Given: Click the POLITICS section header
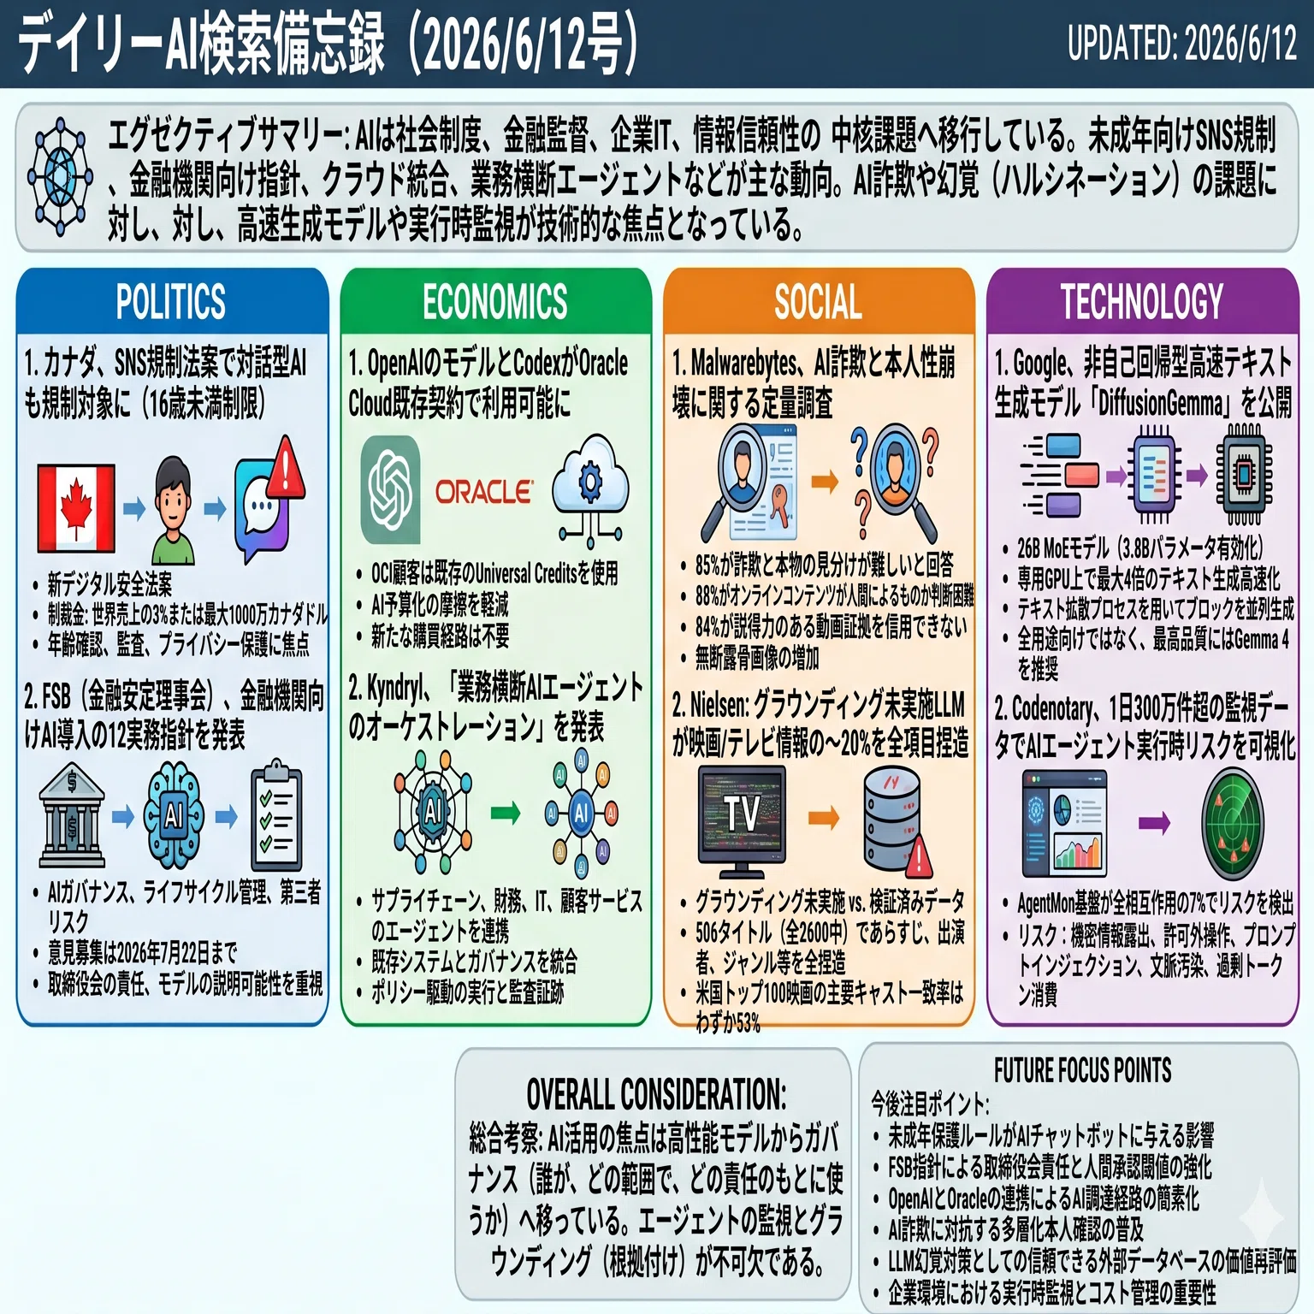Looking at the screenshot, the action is click(x=171, y=301).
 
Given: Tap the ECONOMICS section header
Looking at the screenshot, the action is click(x=495, y=301).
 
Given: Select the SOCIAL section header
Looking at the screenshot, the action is click(x=819, y=301).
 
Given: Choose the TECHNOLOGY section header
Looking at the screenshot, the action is click(x=1142, y=301).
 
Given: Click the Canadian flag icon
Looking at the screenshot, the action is click(x=76, y=509).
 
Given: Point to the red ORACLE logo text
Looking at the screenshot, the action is click(x=483, y=492).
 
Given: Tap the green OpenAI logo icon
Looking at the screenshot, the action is click(x=390, y=489).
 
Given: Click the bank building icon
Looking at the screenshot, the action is click(x=73, y=816).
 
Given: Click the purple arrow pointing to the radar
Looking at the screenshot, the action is click(x=1154, y=824).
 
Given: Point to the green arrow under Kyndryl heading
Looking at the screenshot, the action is click(x=505, y=812).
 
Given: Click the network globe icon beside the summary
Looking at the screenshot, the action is click(x=61, y=176).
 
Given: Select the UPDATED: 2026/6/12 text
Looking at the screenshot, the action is click(x=1182, y=43).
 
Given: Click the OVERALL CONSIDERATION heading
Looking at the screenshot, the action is click(x=655, y=1094).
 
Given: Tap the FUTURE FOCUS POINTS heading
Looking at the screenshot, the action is click(x=1082, y=1070).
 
